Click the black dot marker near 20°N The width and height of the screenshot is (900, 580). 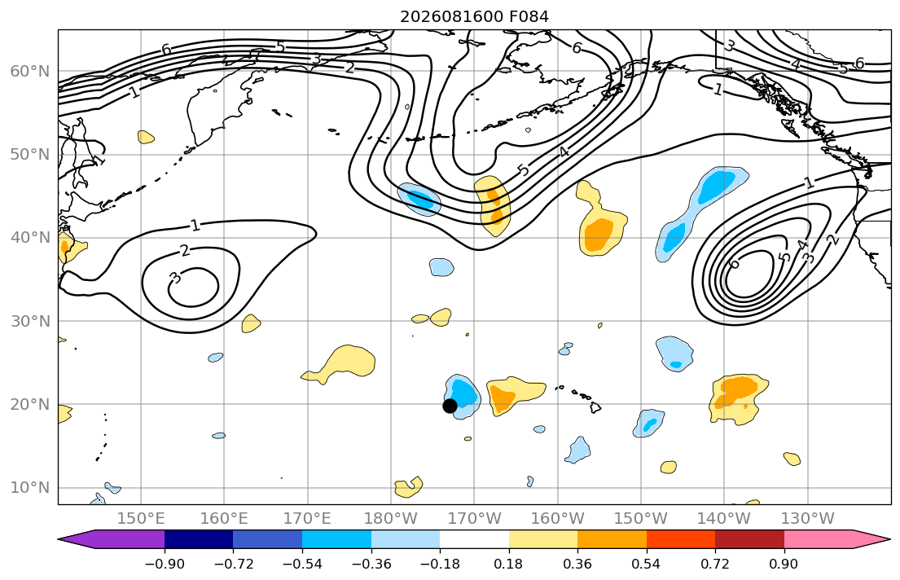[450, 406]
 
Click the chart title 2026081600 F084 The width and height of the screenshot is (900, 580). [474, 16]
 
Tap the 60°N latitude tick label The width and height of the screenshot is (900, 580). [30, 71]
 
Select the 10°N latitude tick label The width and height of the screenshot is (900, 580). [30, 488]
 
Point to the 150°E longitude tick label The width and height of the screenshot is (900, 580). [141, 519]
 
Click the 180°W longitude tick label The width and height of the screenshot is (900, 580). [391, 519]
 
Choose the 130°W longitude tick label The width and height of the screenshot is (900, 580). [808, 519]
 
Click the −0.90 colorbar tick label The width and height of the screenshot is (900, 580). [165, 564]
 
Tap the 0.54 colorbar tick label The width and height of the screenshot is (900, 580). [646, 564]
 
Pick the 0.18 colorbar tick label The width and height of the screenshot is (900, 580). [508, 564]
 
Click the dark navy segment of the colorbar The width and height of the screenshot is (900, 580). [199, 539]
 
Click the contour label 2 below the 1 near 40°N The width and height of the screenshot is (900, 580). [184, 250]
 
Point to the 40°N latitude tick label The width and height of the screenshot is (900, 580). [30, 238]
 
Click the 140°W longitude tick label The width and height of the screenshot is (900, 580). [724, 519]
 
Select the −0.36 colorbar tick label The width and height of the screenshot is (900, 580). [371, 564]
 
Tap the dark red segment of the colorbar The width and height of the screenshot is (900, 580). [749, 539]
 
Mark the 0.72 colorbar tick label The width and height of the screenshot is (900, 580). [714, 564]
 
